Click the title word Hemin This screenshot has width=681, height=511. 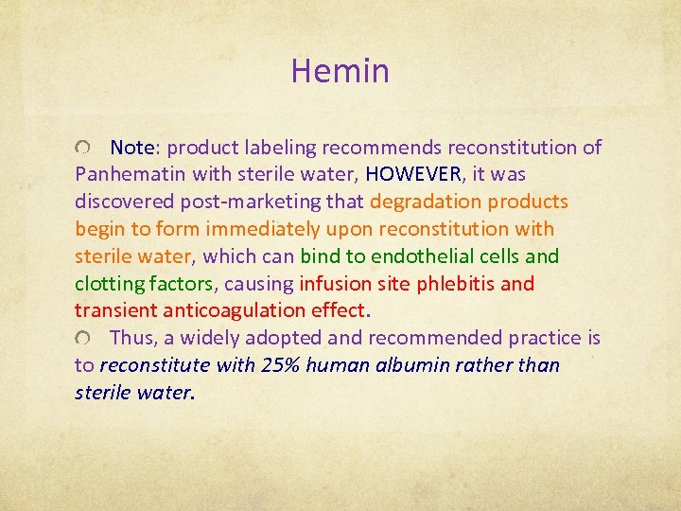click(340, 71)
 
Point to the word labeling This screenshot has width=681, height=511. click(280, 148)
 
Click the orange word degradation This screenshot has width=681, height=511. click(425, 203)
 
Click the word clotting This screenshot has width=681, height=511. click(107, 284)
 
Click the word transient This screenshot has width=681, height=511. click(107, 310)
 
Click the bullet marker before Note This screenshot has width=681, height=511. click(84, 149)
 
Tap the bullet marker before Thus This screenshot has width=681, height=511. click(84, 339)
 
